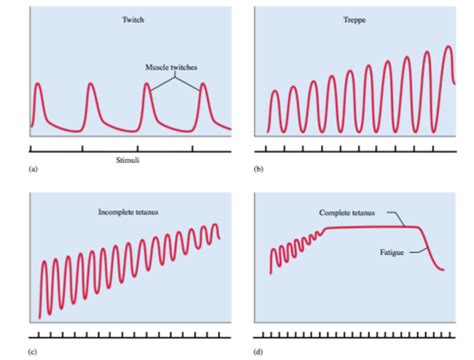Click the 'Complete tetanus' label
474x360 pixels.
pos(349,212)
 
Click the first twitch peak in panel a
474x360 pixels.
pos(39,85)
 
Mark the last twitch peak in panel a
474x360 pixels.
pos(206,86)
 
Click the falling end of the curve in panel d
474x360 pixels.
pos(441,265)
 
